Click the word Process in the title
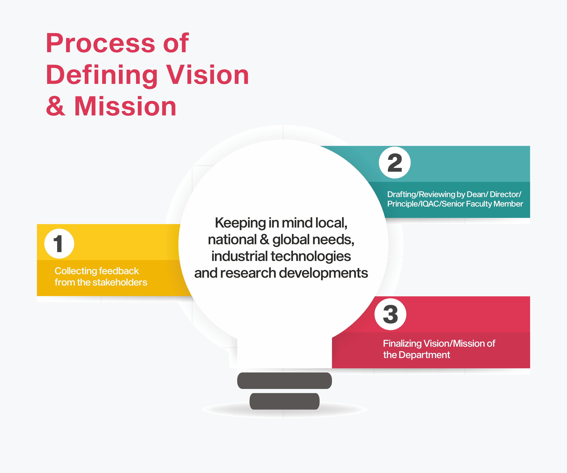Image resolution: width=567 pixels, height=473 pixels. (x=101, y=43)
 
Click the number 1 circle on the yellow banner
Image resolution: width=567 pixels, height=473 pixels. (x=59, y=244)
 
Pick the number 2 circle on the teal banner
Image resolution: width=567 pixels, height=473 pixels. (x=395, y=162)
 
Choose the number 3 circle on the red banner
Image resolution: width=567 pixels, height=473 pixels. (x=390, y=314)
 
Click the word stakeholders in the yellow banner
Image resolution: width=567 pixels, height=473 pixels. (x=112, y=282)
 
